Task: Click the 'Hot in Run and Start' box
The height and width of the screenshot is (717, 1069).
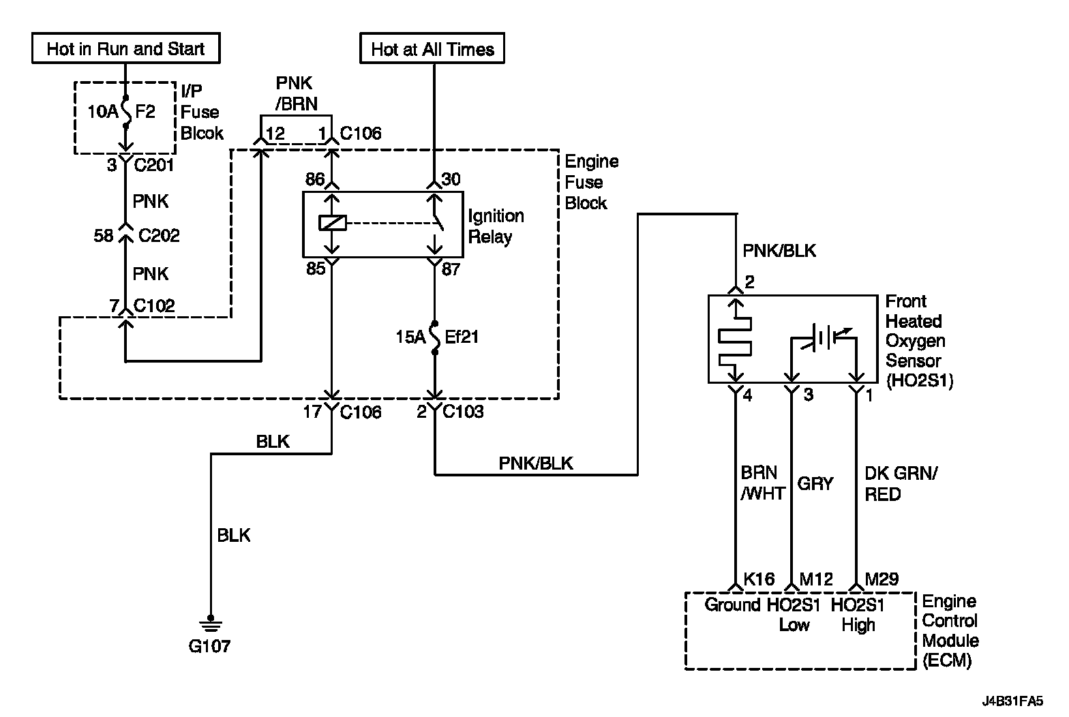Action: (126, 48)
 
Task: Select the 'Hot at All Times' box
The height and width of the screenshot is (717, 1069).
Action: (432, 48)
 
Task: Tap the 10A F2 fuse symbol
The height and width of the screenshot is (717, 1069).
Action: (126, 112)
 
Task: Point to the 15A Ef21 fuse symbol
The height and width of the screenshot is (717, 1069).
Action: (434, 338)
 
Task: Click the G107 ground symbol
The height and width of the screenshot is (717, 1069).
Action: (211, 624)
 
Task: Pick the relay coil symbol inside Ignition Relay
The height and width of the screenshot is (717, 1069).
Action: (332, 223)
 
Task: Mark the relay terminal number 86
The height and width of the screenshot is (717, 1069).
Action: (315, 179)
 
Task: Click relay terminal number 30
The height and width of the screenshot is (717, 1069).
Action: (451, 179)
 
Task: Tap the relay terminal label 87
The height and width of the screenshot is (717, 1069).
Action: (451, 269)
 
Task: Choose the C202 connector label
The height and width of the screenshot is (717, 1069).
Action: (159, 236)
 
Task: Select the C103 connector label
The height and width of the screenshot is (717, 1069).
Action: (463, 412)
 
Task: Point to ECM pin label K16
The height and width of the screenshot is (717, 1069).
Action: (759, 579)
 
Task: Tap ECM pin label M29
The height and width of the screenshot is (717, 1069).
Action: (882, 579)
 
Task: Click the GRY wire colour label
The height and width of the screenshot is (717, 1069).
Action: (815, 484)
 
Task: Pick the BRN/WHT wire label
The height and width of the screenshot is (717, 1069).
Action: (763, 483)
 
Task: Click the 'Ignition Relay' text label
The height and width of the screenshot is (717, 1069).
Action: (496, 226)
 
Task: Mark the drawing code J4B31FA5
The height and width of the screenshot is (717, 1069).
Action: (1012, 701)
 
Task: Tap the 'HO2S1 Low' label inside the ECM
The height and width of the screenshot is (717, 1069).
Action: (793, 615)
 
